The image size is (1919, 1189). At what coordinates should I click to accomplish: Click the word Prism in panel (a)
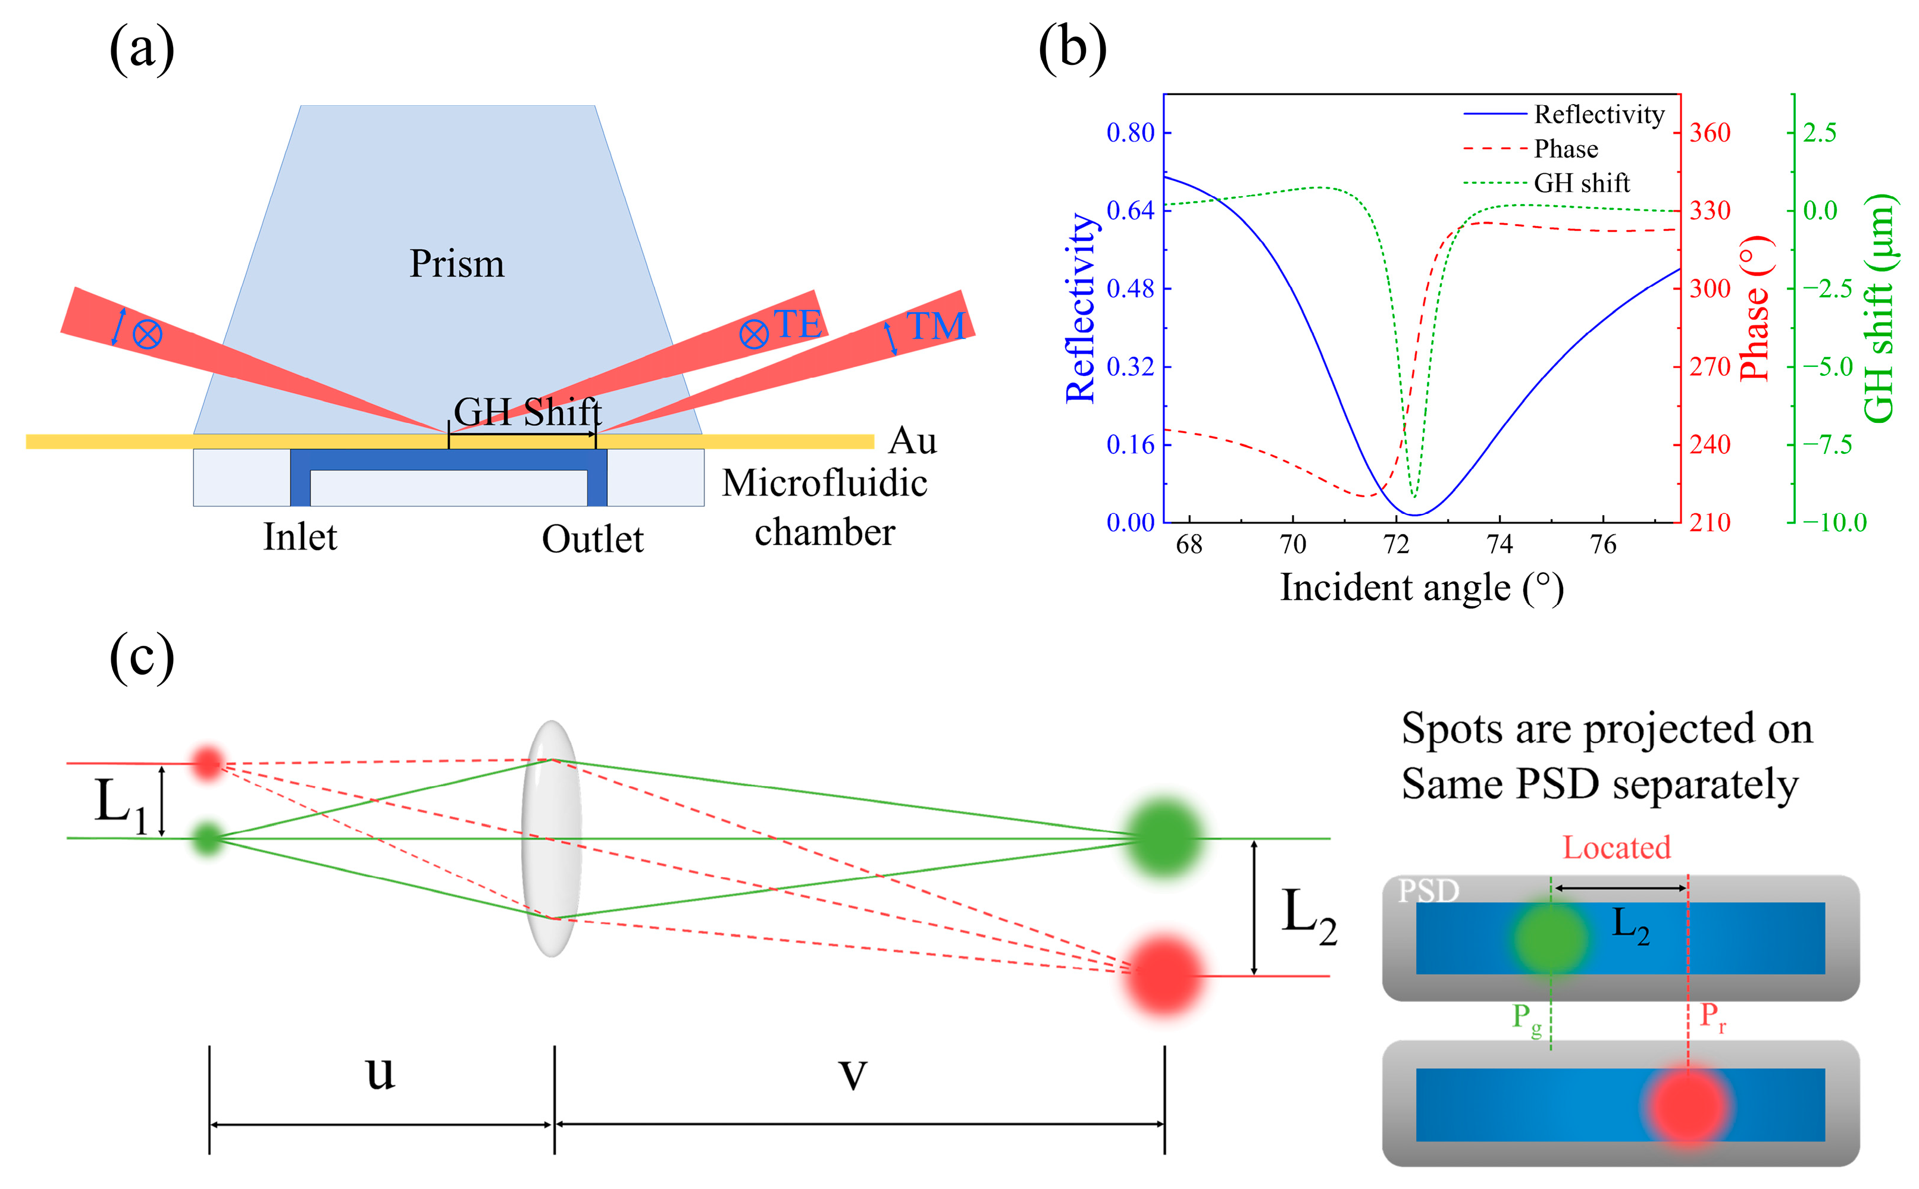click(456, 263)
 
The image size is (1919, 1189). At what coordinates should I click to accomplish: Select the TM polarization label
click(935, 325)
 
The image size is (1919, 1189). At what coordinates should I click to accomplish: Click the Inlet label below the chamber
click(300, 537)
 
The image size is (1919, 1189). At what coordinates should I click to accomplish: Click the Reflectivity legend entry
click(1598, 115)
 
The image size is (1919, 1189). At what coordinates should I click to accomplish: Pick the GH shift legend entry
click(1581, 183)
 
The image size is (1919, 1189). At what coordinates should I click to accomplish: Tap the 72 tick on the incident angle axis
click(1396, 544)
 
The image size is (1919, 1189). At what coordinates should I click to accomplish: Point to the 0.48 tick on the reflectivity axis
click(1130, 288)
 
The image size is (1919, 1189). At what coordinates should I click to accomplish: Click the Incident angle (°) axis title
click(1421, 588)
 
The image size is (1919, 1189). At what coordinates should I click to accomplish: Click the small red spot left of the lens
click(208, 762)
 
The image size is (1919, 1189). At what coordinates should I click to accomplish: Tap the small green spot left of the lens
click(208, 838)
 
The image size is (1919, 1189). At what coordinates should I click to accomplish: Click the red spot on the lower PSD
click(1688, 1105)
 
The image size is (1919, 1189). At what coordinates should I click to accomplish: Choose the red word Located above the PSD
click(1616, 848)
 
